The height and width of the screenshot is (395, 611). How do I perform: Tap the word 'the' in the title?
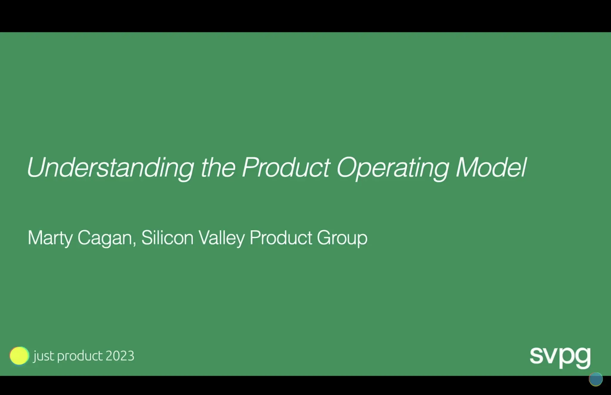click(218, 168)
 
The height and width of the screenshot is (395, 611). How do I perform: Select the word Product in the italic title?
click(286, 168)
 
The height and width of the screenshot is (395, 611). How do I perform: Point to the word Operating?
click(392, 168)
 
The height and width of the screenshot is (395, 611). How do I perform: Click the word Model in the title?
click(491, 168)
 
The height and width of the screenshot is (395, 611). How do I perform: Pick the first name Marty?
click(50, 238)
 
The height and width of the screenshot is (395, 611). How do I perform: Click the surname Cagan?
click(104, 238)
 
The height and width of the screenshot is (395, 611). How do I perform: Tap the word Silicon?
click(167, 238)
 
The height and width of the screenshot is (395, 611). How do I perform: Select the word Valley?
click(221, 238)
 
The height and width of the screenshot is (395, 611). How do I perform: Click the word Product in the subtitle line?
click(281, 238)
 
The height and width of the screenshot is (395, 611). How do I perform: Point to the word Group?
click(342, 238)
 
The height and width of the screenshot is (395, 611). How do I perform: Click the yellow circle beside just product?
click(19, 356)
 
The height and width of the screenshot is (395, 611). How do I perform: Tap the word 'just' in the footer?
click(44, 356)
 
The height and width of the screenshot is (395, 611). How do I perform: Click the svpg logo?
click(560, 357)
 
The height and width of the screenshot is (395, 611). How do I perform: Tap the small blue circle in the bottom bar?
click(595, 379)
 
